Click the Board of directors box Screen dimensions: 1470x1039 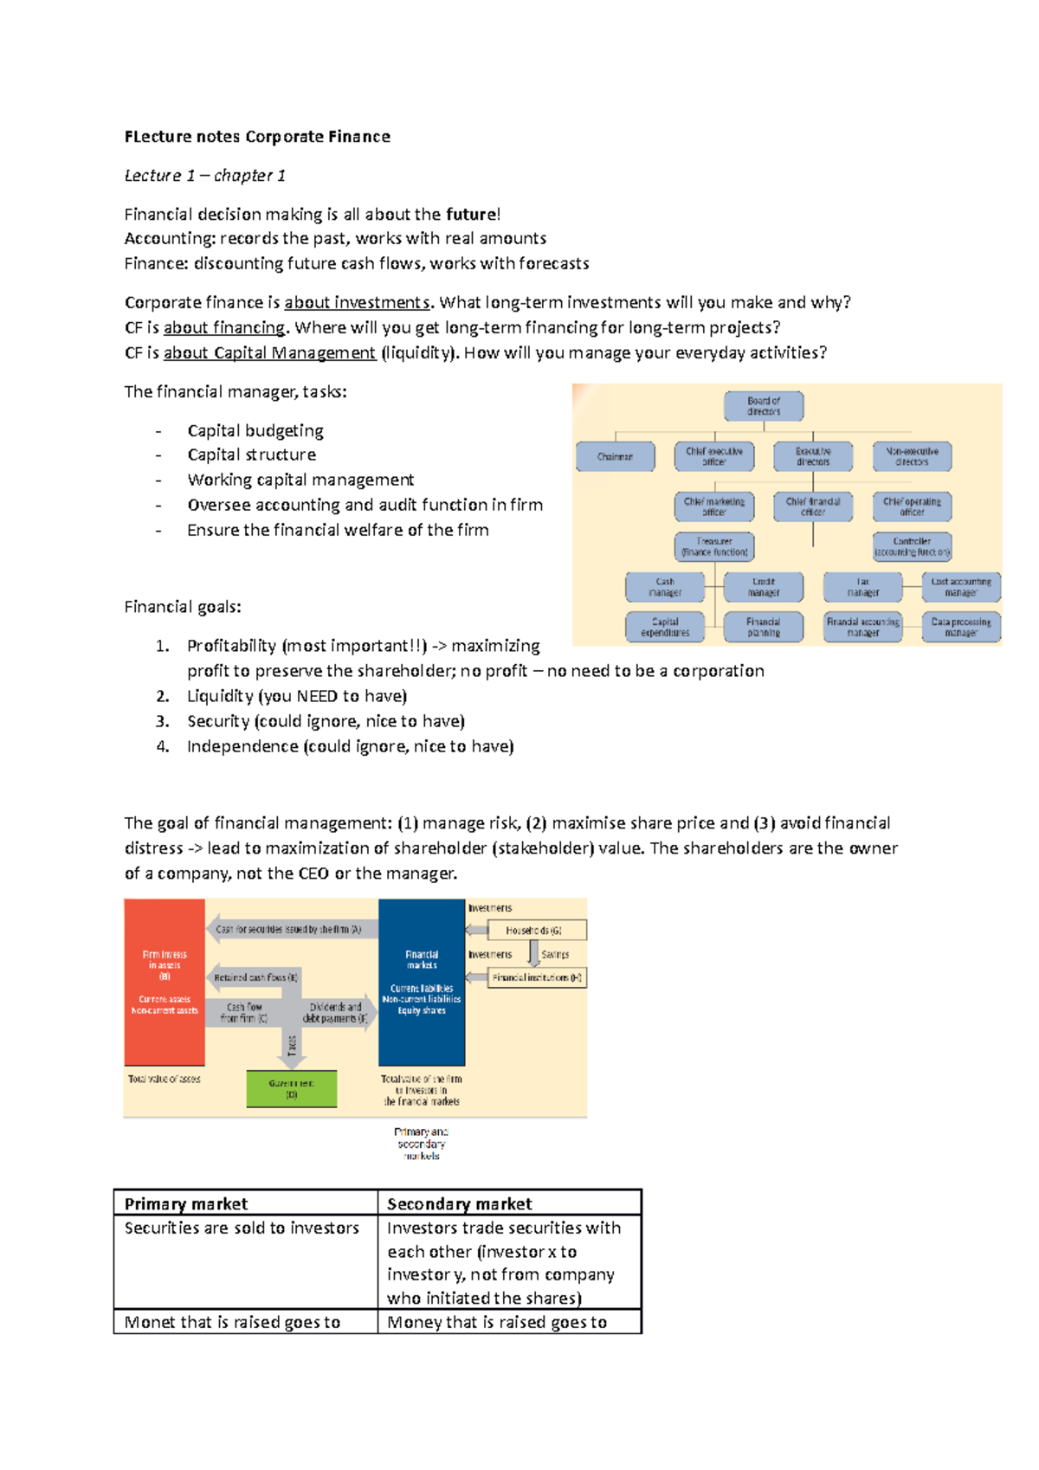coord(763,406)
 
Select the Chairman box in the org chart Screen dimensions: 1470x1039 coord(615,456)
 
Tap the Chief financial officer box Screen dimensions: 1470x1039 coord(812,506)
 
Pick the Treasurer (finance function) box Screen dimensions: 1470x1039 coord(714,546)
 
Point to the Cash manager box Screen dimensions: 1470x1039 coord(665,587)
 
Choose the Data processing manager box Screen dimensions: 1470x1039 coord(961,627)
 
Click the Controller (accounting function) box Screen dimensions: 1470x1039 coord(912,546)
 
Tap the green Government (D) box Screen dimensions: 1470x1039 coord(291,1088)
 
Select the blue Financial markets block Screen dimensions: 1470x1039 coord(422,982)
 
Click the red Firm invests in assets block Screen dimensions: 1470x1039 coord(165,982)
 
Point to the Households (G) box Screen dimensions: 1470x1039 coord(537,930)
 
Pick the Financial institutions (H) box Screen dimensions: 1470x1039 coord(537,977)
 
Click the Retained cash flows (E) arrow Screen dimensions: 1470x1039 coord(255,977)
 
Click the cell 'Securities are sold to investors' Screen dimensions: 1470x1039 coord(242,1228)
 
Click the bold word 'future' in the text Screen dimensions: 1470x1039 coord(471,215)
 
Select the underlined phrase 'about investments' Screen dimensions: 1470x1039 coord(357,302)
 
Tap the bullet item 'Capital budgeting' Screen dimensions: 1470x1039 coord(255,430)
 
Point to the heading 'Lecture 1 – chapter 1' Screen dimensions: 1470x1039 coord(205,176)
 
